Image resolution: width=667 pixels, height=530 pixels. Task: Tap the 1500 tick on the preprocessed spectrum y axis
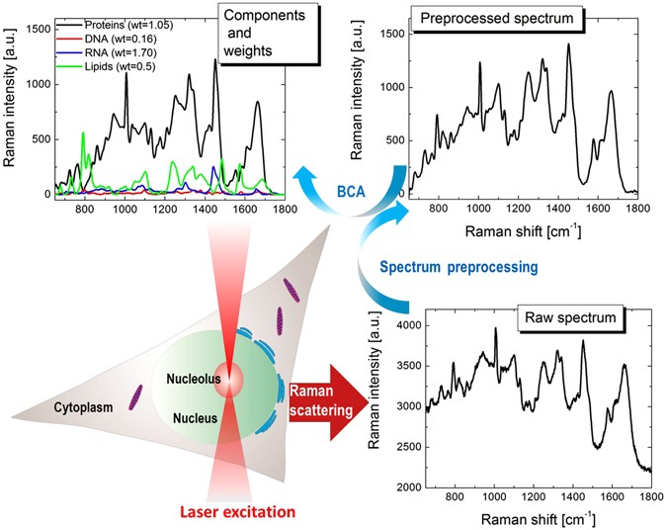(393, 33)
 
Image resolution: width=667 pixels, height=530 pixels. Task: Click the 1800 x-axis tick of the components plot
(285, 210)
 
